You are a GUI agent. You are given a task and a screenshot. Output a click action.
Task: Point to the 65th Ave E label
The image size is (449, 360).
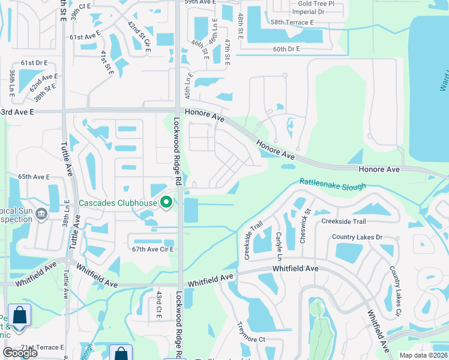click(34, 177)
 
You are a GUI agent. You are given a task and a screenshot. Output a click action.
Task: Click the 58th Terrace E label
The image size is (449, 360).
click(292, 22)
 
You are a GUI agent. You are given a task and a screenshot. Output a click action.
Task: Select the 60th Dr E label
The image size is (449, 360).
click(286, 49)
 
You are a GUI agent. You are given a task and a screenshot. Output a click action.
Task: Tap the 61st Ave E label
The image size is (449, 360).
click(83, 37)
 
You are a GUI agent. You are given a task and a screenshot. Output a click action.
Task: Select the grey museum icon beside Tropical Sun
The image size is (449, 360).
click(41, 214)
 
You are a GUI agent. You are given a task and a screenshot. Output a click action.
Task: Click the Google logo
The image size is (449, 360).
click(20, 353)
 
